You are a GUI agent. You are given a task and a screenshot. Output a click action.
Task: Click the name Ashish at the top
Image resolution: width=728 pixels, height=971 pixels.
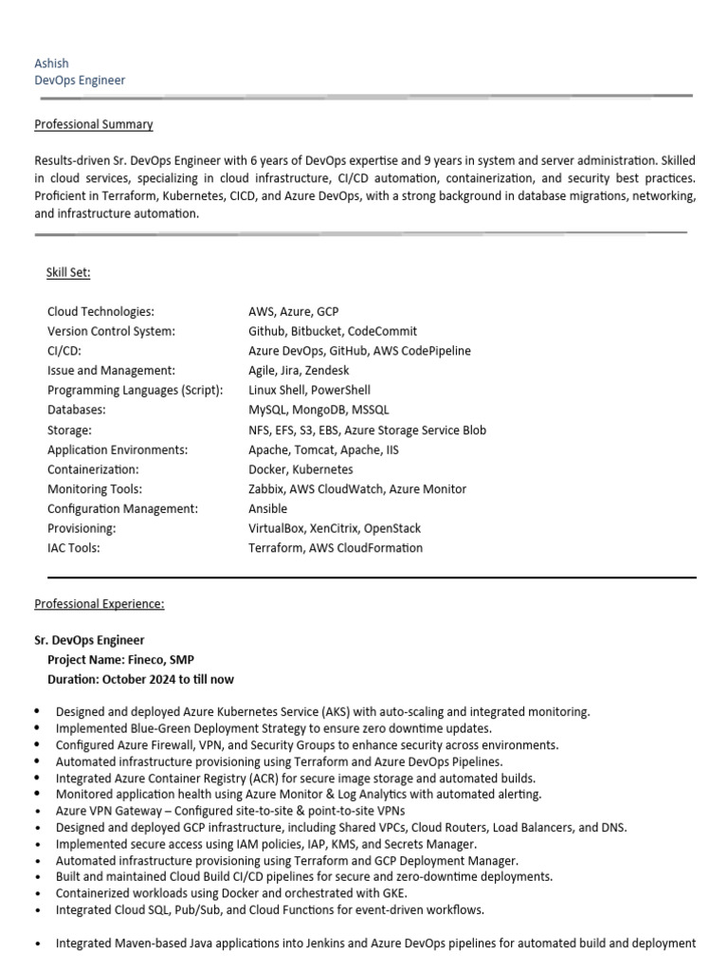tap(51, 64)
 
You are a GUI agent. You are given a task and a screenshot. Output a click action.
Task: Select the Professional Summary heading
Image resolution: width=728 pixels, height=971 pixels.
tap(93, 124)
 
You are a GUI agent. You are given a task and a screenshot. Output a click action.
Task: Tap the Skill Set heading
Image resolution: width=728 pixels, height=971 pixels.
tap(68, 273)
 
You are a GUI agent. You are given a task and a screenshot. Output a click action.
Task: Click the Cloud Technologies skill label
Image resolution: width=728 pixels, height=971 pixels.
tap(100, 311)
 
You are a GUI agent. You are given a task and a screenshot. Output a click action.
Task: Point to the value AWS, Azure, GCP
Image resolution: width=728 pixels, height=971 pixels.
tap(293, 311)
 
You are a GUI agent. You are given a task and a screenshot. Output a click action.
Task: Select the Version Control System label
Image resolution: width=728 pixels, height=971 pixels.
tap(111, 331)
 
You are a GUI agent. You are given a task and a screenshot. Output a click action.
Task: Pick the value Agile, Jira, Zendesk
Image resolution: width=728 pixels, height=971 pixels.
tap(299, 371)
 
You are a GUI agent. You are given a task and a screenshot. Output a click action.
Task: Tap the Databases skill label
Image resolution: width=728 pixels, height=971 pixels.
tap(77, 410)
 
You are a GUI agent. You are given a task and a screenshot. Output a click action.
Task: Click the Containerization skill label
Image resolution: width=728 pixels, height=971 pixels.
tap(93, 469)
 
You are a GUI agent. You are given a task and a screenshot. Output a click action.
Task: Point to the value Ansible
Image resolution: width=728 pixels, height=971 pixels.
tap(267, 508)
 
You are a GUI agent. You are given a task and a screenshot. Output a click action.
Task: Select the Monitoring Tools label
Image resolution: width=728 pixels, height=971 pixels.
tap(95, 489)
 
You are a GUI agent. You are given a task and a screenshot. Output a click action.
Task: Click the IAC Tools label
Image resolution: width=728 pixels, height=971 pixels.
tap(73, 548)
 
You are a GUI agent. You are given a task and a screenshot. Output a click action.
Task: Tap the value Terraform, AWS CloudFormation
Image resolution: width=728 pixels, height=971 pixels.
tap(336, 548)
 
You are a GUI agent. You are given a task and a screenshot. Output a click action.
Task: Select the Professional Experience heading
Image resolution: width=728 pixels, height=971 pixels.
tap(99, 603)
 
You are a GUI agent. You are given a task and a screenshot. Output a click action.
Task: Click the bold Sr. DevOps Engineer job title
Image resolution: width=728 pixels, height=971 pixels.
tap(89, 640)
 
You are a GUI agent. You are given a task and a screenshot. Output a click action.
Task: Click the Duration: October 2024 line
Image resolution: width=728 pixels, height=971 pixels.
tap(140, 679)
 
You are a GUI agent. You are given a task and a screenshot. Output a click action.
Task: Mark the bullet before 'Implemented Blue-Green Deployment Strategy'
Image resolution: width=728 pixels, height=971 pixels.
tap(37, 728)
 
